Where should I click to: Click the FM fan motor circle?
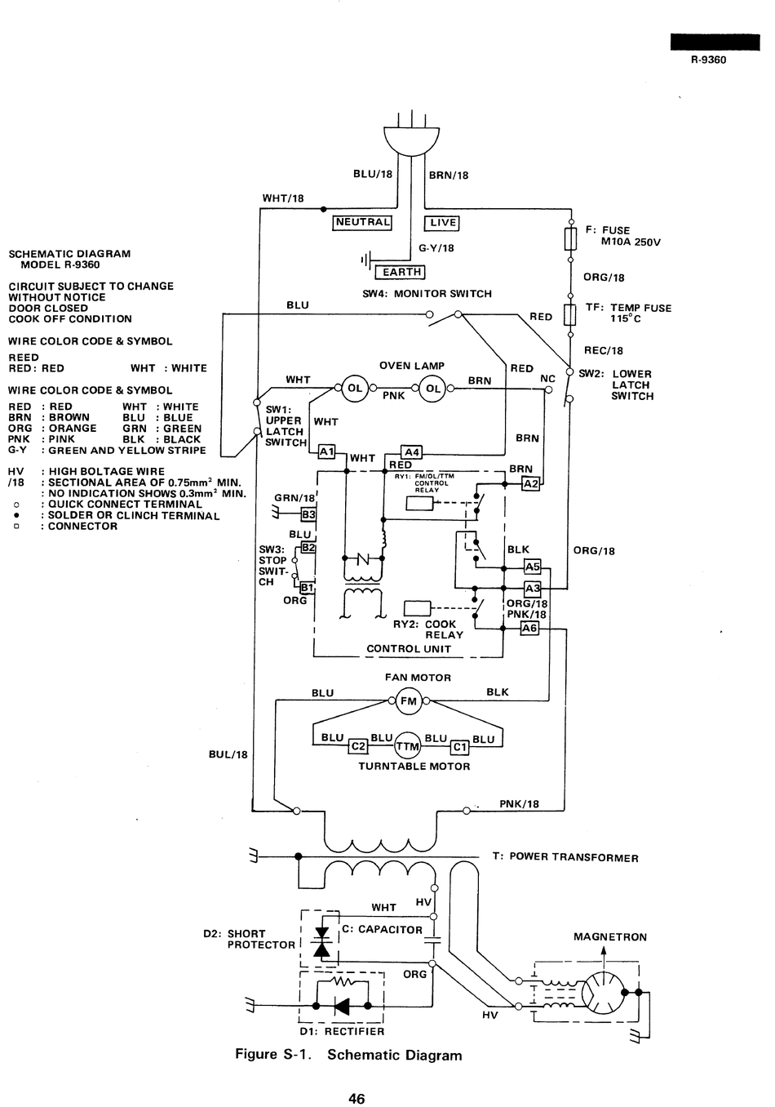(x=409, y=700)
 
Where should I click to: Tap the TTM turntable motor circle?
(x=408, y=745)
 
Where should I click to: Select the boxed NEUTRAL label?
(x=362, y=222)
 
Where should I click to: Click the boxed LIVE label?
(x=442, y=223)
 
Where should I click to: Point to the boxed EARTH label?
(x=401, y=272)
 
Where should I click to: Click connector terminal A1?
(x=326, y=451)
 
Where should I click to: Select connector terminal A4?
(x=411, y=452)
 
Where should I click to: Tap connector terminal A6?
(x=529, y=628)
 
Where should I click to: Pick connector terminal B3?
(x=308, y=514)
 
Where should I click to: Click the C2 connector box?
(x=358, y=746)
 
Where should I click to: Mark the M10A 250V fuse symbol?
(x=570, y=239)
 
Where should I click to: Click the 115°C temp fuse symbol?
(x=570, y=315)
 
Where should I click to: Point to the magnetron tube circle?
(x=603, y=992)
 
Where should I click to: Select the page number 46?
(x=356, y=1098)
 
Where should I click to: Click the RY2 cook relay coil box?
(x=418, y=608)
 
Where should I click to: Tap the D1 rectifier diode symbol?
(x=342, y=1005)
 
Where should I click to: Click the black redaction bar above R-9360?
(x=715, y=42)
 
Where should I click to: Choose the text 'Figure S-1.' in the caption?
(x=273, y=1054)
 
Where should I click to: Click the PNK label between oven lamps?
(x=394, y=396)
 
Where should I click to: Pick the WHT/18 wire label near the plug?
(x=283, y=198)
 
